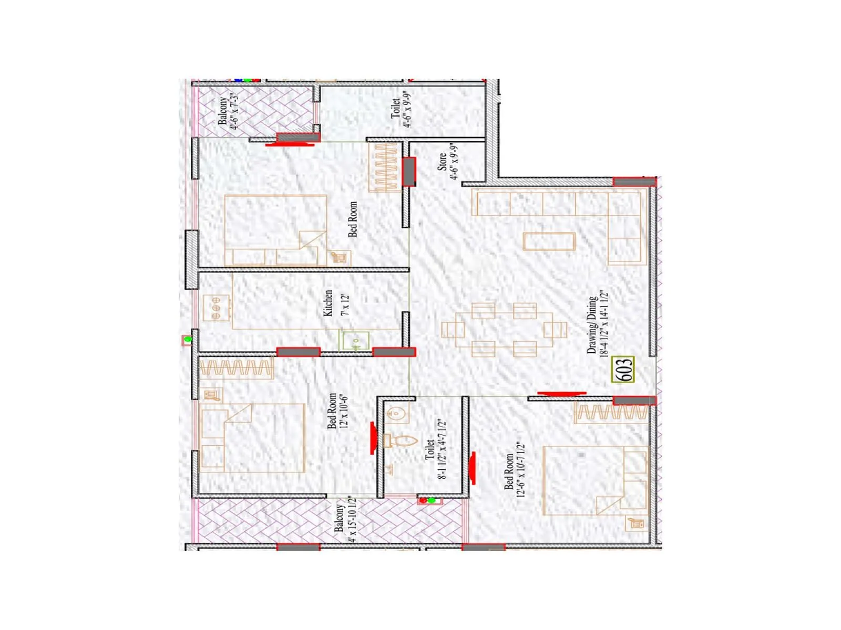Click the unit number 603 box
[623, 370]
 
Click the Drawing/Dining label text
[592, 325]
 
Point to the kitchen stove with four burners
[217, 308]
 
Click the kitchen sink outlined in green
[354, 341]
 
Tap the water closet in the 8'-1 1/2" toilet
[401, 440]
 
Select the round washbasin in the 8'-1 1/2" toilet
[397, 414]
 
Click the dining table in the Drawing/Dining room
[504, 330]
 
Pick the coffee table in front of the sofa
[549, 241]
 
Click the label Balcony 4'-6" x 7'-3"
[229, 110]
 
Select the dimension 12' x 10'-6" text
[344, 411]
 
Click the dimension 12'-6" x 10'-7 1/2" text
[520, 469]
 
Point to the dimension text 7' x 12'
[345, 304]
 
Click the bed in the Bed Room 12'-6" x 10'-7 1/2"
[594, 480]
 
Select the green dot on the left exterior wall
[188, 340]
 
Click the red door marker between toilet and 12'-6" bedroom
[472, 468]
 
